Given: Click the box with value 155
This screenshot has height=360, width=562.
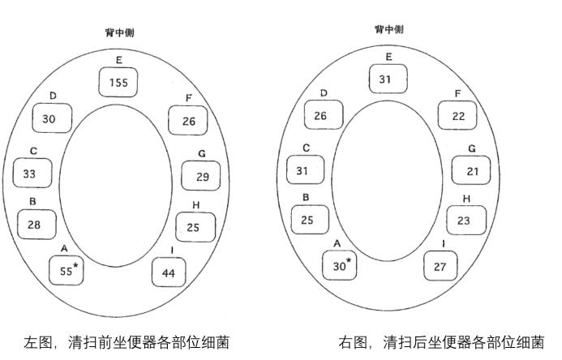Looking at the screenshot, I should [119, 82].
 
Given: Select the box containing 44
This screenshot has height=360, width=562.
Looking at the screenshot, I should [169, 272].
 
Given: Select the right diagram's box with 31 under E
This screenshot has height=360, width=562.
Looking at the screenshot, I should [388, 79].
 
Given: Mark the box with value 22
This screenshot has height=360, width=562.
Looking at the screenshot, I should [457, 116].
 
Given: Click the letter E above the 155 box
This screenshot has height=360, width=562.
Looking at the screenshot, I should [119, 58].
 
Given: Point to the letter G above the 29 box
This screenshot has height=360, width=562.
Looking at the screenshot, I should [201, 153].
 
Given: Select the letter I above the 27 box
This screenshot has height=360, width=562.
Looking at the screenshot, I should [443, 243].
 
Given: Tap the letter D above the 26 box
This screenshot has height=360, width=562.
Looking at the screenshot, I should [324, 93].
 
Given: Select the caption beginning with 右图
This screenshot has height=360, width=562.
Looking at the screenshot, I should [441, 342].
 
